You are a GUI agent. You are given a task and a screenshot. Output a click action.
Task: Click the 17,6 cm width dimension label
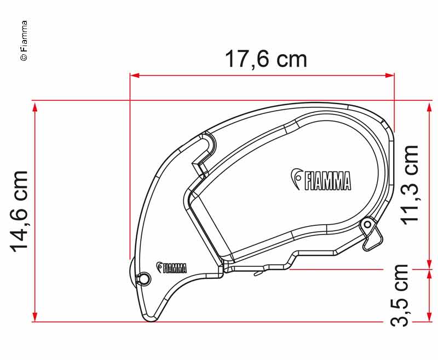click(x=266, y=59)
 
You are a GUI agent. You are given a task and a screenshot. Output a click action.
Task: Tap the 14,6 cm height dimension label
click(x=20, y=211)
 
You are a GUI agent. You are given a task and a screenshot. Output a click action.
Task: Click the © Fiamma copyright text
click(x=24, y=41)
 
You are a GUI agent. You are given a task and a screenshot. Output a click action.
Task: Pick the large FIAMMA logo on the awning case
click(x=321, y=180)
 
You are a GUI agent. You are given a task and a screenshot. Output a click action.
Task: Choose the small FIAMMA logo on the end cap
click(x=172, y=267)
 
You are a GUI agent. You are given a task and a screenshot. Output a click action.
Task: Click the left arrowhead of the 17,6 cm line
click(x=134, y=75)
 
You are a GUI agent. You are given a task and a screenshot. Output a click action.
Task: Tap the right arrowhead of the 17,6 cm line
click(x=390, y=75)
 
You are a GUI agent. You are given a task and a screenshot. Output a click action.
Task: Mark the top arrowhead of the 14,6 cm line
click(x=35, y=106)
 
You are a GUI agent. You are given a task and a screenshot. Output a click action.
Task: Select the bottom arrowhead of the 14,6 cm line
click(x=35, y=317)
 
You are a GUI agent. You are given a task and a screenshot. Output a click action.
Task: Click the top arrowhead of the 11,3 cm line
click(x=428, y=106)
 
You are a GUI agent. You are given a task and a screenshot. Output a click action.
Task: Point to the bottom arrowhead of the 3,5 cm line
click(x=428, y=317)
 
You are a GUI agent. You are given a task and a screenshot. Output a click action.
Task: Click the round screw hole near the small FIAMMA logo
click(x=144, y=278)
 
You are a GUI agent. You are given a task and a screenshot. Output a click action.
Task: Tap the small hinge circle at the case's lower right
click(x=368, y=224)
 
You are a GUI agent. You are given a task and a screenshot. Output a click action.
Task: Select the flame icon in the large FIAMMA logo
click(x=296, y=177)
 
